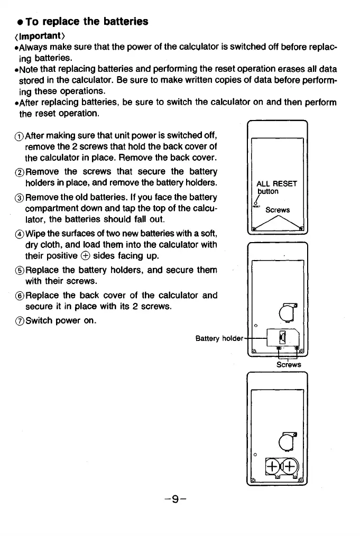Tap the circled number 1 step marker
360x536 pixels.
point(20,133)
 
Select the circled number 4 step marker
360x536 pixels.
point(20,233)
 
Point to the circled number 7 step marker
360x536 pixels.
point(20,320)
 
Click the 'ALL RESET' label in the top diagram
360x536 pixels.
point(276,184)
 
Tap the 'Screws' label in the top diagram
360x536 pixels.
point(277,210)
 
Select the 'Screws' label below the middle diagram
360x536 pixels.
point(288,364)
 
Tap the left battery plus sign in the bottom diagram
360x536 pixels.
point(273,465)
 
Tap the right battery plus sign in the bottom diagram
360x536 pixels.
point(289,465)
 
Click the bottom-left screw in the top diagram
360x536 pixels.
point(254,228)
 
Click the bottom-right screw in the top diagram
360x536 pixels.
point(302,228)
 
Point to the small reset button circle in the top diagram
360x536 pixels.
point(255,204)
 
